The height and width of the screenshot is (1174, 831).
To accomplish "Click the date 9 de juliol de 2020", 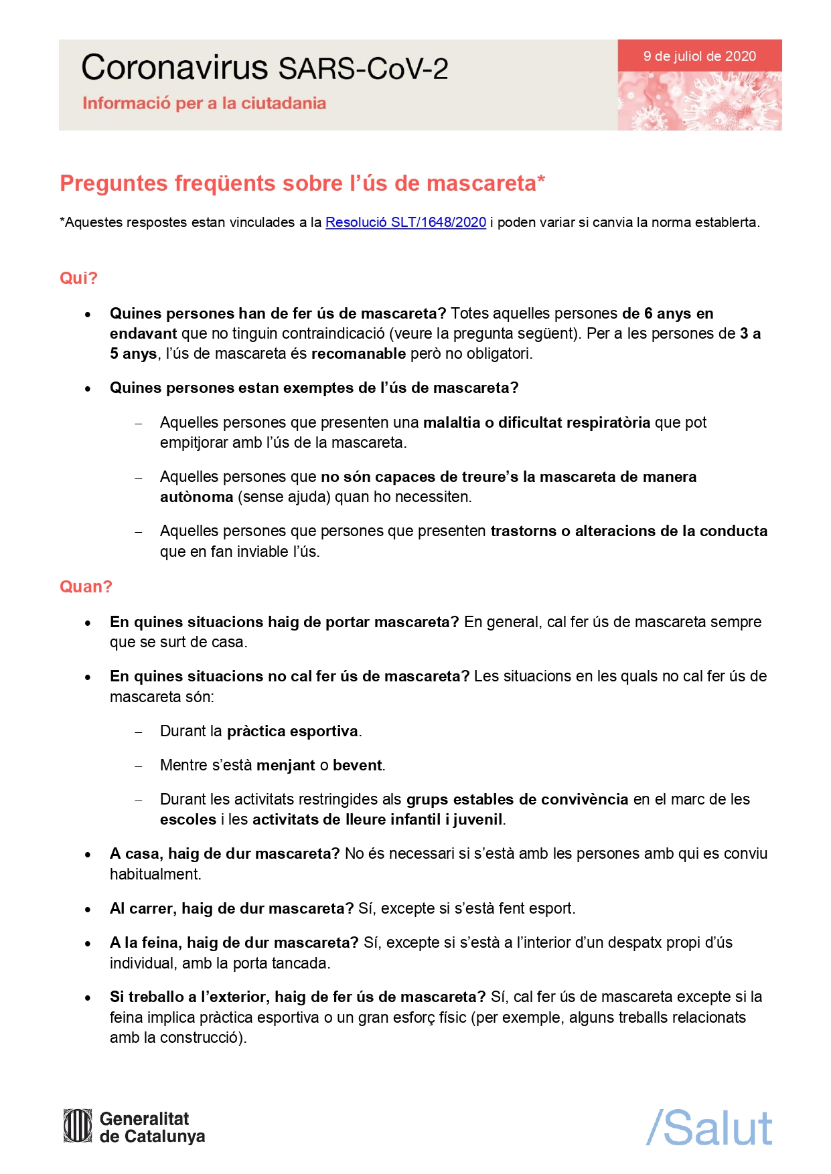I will (699, 56).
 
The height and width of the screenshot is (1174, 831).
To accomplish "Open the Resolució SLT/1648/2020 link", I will (405, 222).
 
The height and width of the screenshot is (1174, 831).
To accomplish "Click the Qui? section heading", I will (78, 278).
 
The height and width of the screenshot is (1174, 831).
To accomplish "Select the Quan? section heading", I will (86, 586).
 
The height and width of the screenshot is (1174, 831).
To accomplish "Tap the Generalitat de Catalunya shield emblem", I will (78, 1126).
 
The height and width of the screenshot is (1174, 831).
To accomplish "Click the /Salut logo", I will (709, 1128).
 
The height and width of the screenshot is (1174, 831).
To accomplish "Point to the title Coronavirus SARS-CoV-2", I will (265, 68).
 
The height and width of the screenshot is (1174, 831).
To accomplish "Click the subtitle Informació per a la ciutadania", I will (204, 104).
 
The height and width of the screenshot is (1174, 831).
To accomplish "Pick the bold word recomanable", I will (358, 353).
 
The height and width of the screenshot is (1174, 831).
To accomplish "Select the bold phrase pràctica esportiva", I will (293, 731).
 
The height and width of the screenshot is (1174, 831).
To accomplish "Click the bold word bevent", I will (358, 765).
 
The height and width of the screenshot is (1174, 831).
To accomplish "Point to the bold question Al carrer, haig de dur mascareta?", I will (232, 908).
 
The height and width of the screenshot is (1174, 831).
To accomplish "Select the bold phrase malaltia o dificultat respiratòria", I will (536, 422).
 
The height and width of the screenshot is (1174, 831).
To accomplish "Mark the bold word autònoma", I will (196, 497).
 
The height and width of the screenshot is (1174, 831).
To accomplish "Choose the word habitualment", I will (155, 874).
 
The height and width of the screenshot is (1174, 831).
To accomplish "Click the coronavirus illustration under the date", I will (699, 100).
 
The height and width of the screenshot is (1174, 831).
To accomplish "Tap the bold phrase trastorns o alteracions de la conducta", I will (629, 531).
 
